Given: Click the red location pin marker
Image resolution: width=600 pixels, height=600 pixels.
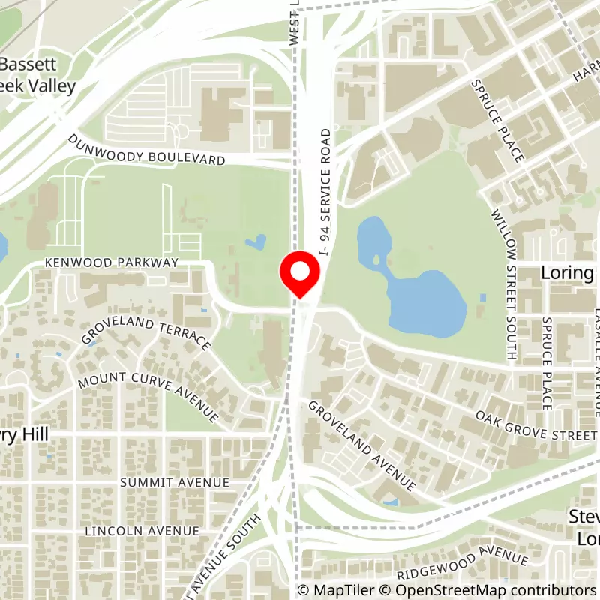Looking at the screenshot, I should pyautogui.click(x=300, y=274).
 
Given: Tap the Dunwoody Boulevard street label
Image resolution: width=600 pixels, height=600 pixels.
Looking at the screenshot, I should pyautogui.click(x=147, y=150).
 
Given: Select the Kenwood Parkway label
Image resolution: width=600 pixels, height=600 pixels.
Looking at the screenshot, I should pyautogui.click(x=112, y=262).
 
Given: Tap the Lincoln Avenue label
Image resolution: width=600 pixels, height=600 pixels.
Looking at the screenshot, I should pyautogui.click(x=142, y=530).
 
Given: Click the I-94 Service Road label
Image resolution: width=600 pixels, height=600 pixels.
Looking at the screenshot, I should pyautogui.click(x=325, y=191).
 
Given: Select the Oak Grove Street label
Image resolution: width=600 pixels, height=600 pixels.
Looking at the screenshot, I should pyautogui.click(x=536, y=424).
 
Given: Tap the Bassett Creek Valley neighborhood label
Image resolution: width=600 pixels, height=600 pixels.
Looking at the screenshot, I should pyautogui.click(x=37, y=75).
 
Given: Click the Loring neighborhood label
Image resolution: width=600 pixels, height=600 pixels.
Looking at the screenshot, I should pyautogui.click(x=568, y=272).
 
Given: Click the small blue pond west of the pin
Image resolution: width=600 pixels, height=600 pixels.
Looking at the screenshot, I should pyautogui.click(x=256, y=242).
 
